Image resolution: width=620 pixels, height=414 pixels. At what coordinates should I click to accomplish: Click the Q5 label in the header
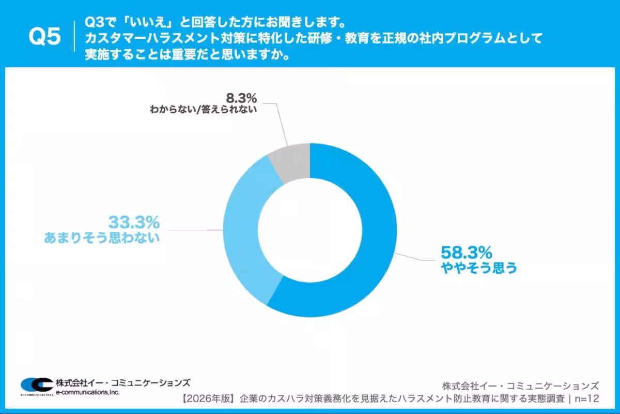tap(45, 37)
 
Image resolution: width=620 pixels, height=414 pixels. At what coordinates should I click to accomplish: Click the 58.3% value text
tap(466, 253)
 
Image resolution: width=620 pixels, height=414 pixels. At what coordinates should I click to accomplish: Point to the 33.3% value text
tap(134, 223)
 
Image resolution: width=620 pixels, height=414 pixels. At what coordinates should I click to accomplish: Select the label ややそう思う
tap(478, 268)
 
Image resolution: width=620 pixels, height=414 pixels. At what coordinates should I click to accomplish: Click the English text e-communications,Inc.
tap(88, 392)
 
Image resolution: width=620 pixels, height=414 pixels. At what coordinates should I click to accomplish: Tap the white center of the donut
tap(310, 230)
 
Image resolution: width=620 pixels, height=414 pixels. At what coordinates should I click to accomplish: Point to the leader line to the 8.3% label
tap(282, 124)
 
